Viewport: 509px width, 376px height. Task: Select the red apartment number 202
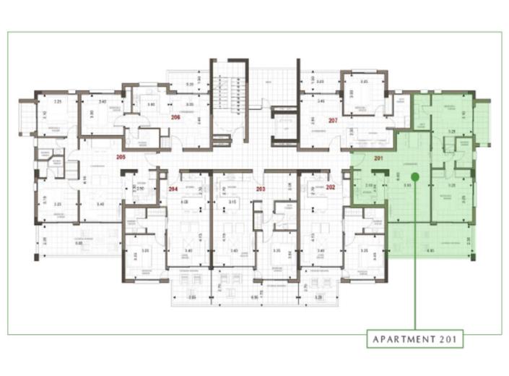pyautogui.click(x=331, y=187)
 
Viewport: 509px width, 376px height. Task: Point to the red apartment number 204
pyautogui.click(x=173, y=188)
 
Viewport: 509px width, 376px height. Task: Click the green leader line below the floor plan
pyautogui.click(x=416, y=289)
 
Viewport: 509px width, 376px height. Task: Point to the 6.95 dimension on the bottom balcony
pyautogui.click(x=255, y=297)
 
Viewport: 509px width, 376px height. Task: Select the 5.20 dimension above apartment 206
pyautogui.click(x=189, y=85)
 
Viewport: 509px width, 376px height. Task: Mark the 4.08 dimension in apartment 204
pyautogui.click(x=184, y=202)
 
